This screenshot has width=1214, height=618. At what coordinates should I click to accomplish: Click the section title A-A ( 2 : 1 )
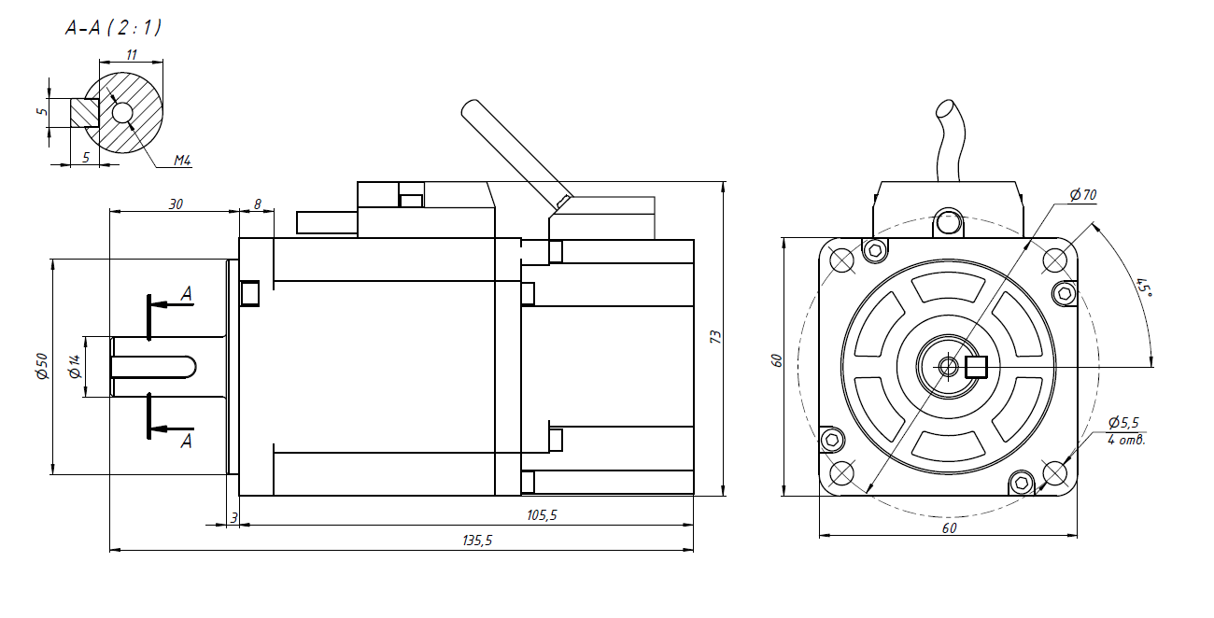pyautogui.click(x=113, y=28)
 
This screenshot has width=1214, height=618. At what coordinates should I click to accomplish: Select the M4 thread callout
pyautogui.click(x=182, y=161)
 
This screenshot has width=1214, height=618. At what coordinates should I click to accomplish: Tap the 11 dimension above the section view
pyautogui.click(x=132, y=56)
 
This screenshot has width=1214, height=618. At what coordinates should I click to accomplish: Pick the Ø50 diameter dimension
pyautogui.click(x=41, y=366)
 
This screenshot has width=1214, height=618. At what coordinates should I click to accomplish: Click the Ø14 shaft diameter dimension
pyautogui.click(x=75, y=367)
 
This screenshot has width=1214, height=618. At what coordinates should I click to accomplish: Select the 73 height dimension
pyautogui.click(x=716, y=337)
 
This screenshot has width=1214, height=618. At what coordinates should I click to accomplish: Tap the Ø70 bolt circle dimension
pyautogui.click(x=1083, y=195)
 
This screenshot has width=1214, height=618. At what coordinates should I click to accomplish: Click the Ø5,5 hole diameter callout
pyautogui.click(x=1123, y=422)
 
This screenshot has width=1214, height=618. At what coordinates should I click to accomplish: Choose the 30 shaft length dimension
pyautogui.click(x=176, y=204)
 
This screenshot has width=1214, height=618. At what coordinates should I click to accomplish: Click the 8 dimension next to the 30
pyautogui.click(x=258, y=204)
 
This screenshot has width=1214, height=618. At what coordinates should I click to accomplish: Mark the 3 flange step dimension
pyautogui.click(x=234, y=516)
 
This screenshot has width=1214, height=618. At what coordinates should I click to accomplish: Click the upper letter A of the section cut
pyautogui.click(x=187, y=293)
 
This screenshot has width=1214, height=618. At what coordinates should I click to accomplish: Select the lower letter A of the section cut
pyautogui.click(x=187, y=440)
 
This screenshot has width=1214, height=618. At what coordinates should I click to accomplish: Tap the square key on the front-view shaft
pyautogui.click(x=977, y=367)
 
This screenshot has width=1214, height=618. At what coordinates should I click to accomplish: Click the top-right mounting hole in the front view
pyautogui.click(x=1056, y=260)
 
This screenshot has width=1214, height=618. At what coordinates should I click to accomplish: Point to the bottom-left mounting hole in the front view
pyautogui.click(x=841, y=474)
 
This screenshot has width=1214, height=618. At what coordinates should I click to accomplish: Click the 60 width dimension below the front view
pyautogui.click(x=949, y=527)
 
